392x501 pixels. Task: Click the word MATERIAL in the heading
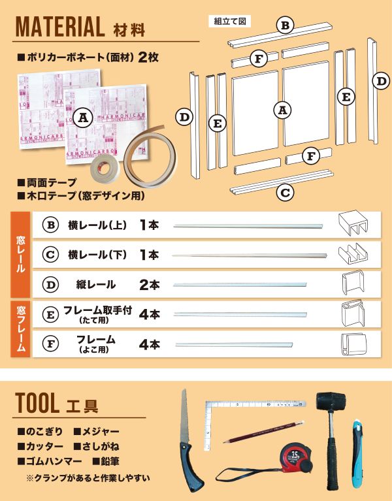59,27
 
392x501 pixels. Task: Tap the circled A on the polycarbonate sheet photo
82,118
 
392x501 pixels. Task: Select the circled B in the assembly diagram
284,25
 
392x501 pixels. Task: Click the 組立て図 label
229,21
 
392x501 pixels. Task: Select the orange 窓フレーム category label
20,328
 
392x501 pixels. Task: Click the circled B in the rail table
50,225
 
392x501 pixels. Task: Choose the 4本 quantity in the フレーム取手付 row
149,314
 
